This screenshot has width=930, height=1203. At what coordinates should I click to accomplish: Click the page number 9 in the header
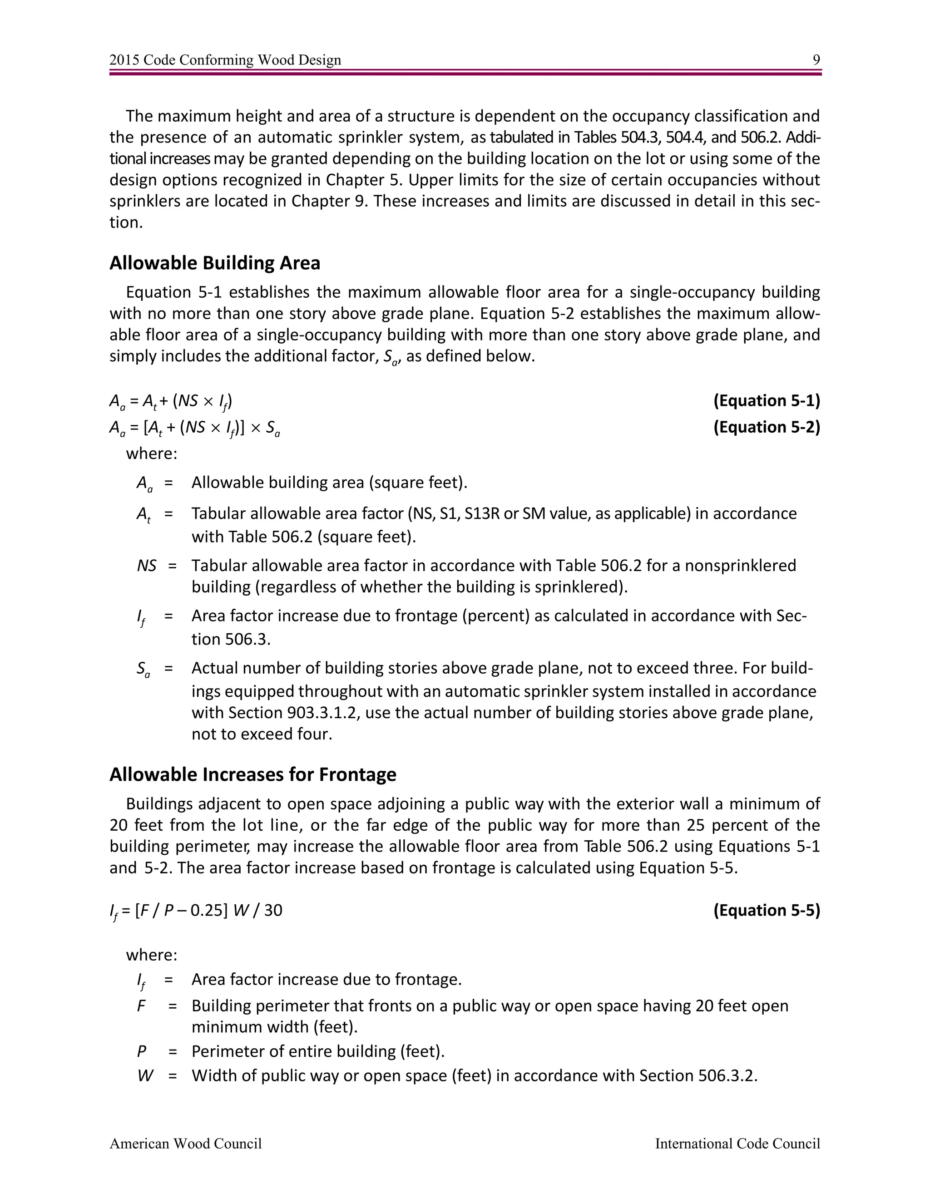tap(816, 60)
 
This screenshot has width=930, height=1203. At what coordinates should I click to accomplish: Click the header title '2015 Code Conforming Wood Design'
tap(225, 60)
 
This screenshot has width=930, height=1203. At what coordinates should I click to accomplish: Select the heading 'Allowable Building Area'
tap(214, 263)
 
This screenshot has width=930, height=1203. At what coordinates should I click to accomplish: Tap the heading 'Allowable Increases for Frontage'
tap(252, 774)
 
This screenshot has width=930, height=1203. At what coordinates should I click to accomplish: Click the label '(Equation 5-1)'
tap(767, 400)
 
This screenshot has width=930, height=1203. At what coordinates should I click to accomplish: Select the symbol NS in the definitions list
tap(147, 566)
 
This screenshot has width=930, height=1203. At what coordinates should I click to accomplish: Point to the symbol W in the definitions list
tap(145, 1076)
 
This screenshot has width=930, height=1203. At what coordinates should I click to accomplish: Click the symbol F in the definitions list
tap(141, 1006)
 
